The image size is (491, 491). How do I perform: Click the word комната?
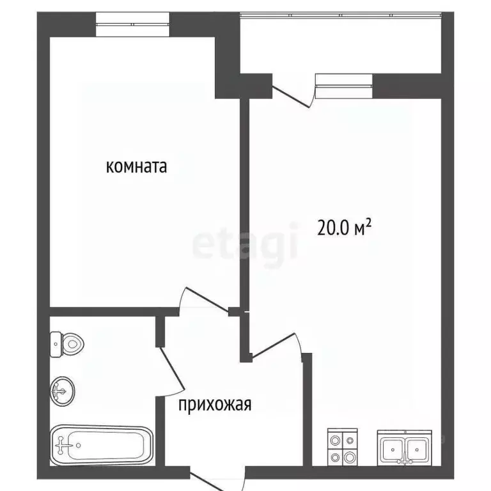click(136, 167)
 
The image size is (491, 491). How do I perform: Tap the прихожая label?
click(215, 405)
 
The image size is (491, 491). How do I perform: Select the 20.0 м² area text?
click(345, 228)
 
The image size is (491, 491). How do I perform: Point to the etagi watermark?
click(245, 244)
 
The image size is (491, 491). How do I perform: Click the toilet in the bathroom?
click(66, 345)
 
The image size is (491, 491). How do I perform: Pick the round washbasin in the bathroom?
click(63, 389)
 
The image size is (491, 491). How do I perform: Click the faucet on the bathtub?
click(63, 442)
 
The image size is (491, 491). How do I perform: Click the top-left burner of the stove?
click(334, 439)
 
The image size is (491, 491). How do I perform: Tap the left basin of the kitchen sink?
click(391, 449)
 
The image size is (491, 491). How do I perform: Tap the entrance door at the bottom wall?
click(217, 481)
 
